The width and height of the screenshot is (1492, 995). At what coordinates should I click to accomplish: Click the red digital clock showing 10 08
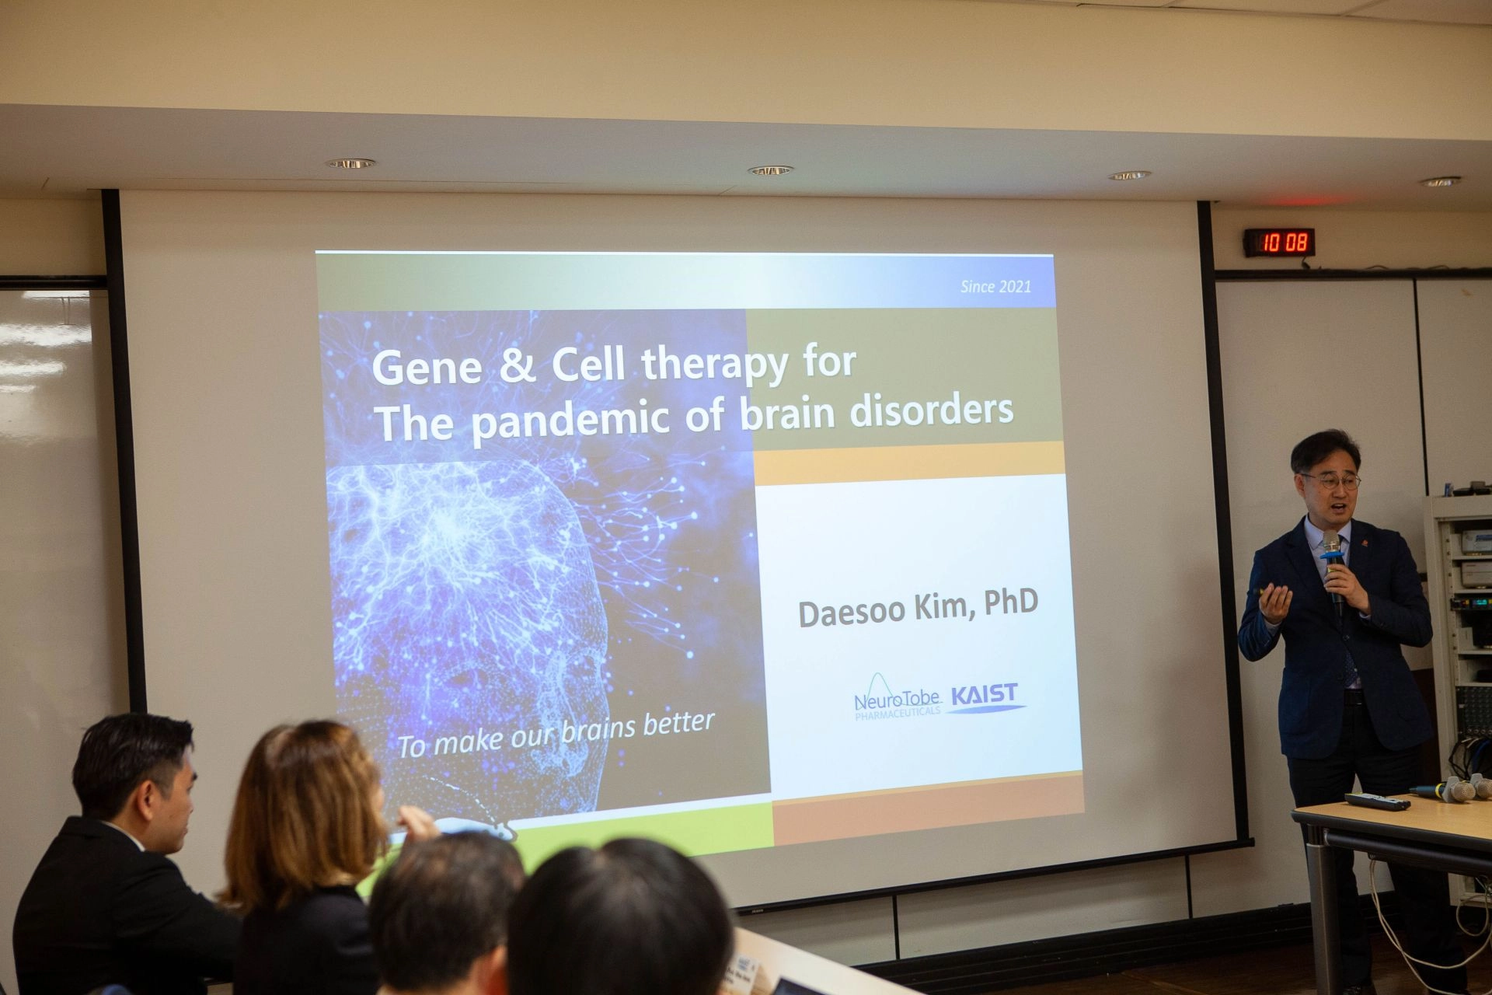pos(1279,243)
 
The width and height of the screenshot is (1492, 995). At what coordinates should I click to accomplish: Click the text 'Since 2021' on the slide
pos(995,286)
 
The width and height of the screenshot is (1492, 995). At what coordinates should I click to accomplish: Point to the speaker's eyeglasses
pos(1330,481)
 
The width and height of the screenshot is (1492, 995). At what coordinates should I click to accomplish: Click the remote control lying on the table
pos(1376,801)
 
